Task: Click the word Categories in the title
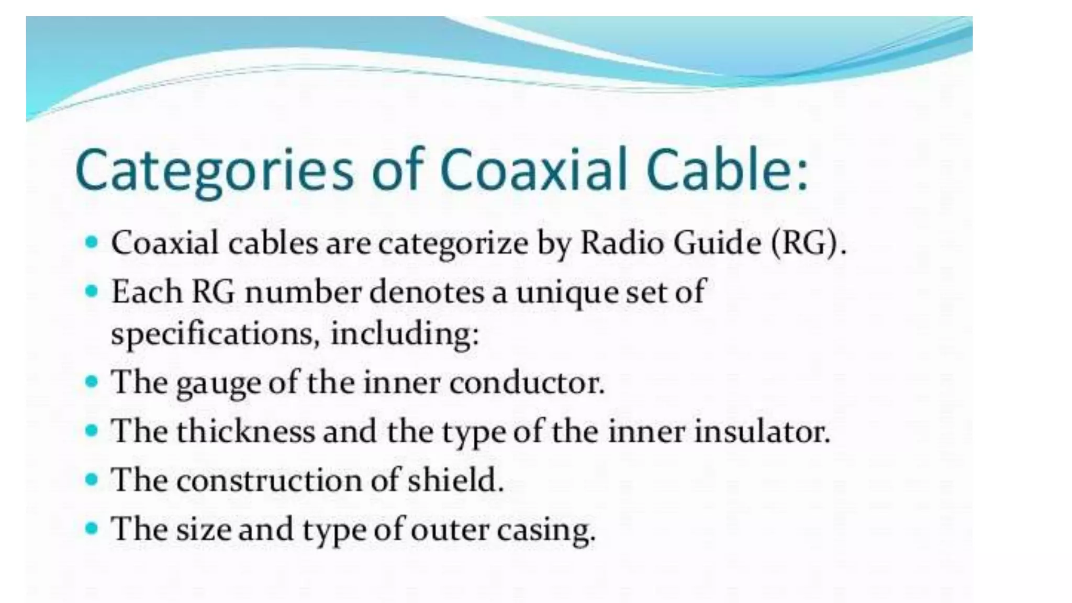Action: tap(215, 171)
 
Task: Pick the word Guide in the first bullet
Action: tap(717, 243)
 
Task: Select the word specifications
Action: tap(215, 334)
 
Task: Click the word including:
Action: tap(405, 334)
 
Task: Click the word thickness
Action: tap(245, 431)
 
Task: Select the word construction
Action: tap(269, 480)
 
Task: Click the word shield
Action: tap(455, 479)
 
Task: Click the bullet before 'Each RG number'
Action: tap(92, 290)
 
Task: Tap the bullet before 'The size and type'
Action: tap(92, 528)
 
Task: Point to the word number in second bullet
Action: tap(303, 292)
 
